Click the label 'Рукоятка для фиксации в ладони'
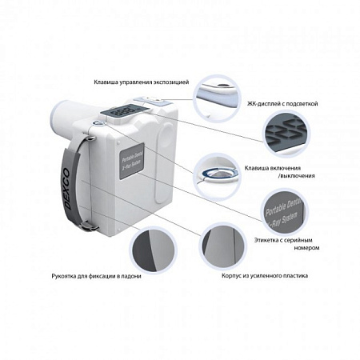point(80,275)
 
